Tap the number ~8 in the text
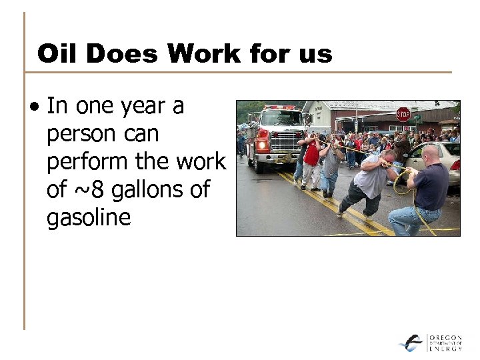point(87,190)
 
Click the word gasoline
point(89,218)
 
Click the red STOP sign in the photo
point(403,113)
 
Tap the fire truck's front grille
point(286,141)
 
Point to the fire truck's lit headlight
point(262,145)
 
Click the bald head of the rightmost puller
point(430,155)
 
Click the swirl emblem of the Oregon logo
point(411,343)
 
